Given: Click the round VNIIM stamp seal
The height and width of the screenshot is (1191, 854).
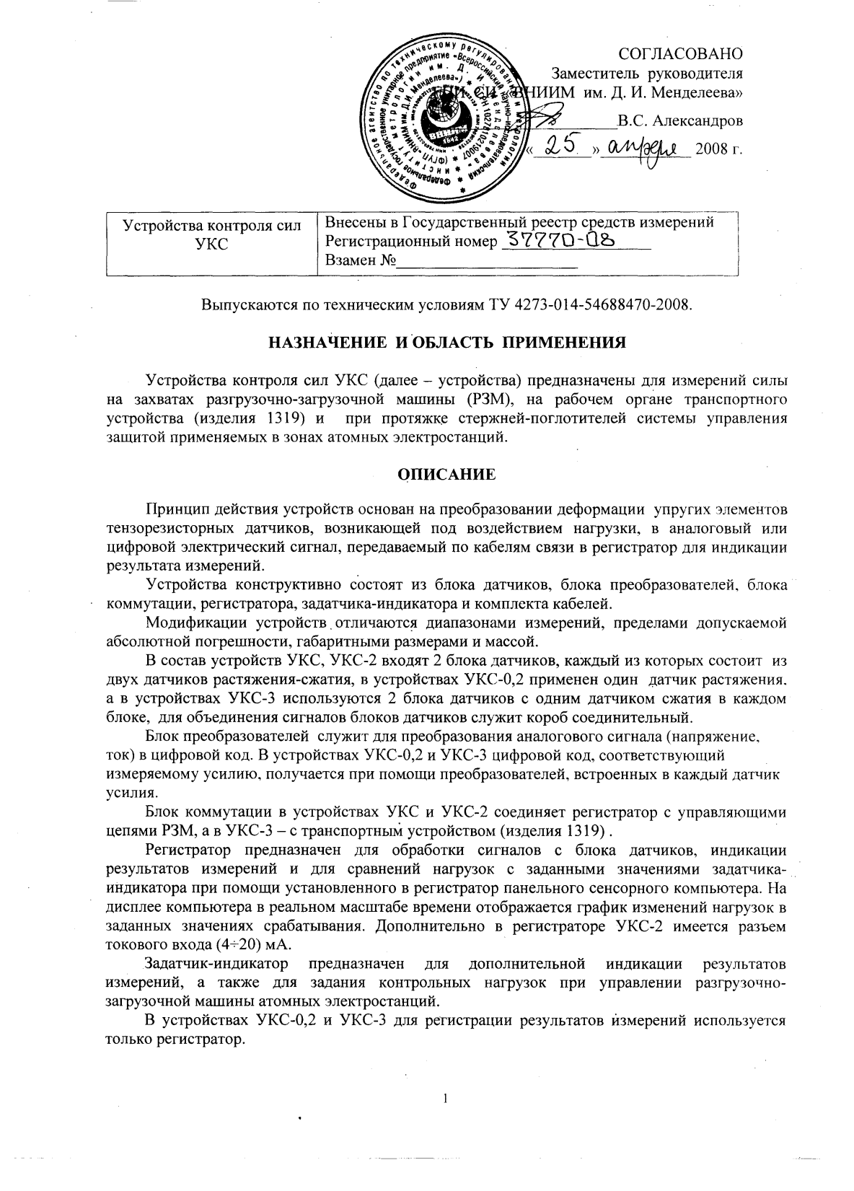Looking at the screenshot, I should [444, 118].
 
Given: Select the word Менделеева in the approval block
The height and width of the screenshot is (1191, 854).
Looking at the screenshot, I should [703, 92].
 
